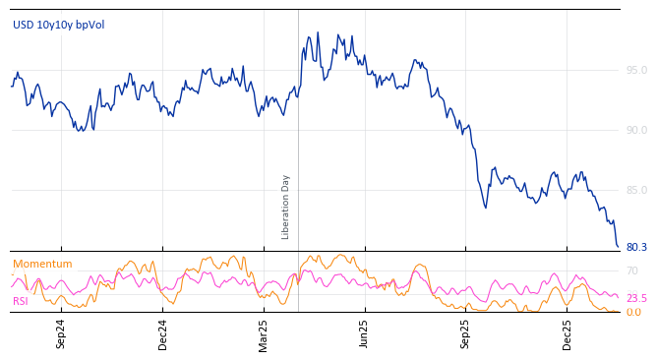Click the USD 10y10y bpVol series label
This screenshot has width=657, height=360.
58,26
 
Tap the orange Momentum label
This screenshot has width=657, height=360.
42,265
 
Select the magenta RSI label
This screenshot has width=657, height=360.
21,301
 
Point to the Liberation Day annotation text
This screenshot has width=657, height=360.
286,207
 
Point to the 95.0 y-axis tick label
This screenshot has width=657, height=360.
636,71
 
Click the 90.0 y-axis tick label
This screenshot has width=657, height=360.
636,131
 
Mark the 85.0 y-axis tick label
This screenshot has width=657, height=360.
636,191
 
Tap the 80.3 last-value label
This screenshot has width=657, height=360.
636,248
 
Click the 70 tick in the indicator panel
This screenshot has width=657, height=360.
632,271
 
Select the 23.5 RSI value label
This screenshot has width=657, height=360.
636,299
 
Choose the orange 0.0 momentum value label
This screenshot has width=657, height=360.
632,313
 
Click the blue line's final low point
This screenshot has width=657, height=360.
618,246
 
